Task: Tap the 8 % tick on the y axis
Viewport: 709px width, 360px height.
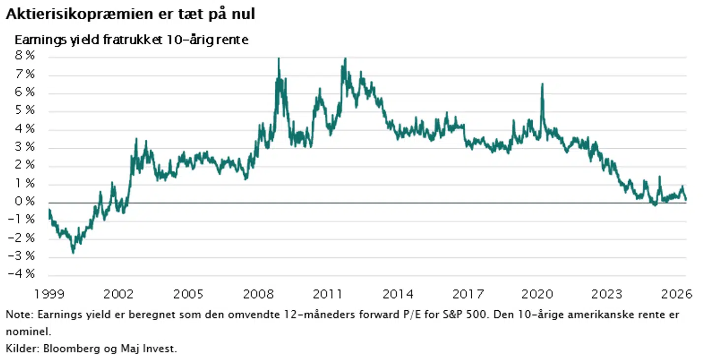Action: click(25, 56)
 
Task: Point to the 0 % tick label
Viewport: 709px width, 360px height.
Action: click(25, 201)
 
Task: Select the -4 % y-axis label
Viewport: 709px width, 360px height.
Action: click(22, 273)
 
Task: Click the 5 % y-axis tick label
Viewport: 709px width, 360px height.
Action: click(25, 110)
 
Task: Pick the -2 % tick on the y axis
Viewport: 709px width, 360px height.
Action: click(22, 237)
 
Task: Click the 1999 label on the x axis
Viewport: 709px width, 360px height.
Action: click(49, 294)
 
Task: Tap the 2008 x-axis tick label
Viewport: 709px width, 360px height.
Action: click(258, 294)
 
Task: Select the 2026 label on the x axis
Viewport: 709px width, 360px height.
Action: click(677, 294)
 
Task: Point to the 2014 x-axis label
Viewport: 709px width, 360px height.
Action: click(398, 294)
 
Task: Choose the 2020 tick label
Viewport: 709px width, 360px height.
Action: click(537, 294)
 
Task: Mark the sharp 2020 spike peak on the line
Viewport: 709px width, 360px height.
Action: click(542, 84)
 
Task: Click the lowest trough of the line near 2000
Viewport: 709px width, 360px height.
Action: click(73, 253)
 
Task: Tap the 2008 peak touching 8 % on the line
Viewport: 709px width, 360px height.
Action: click(279, 58)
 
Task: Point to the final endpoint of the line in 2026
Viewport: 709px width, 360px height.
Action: click(685, 199)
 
